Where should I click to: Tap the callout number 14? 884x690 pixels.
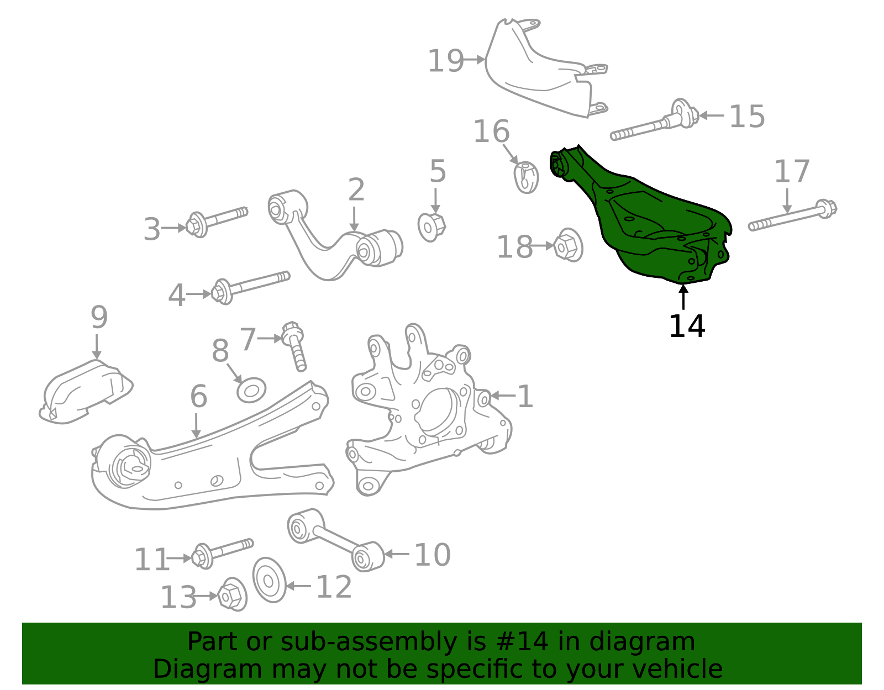686,326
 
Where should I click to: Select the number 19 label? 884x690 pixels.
445,61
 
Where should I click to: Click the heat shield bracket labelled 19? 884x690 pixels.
541,72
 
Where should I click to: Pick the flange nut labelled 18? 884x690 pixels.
568,245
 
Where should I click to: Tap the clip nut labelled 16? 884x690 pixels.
527,177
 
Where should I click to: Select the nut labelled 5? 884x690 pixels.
432,226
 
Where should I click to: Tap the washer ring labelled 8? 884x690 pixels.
251,390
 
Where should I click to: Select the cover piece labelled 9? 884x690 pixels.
86,392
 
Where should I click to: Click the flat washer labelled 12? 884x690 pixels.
269,580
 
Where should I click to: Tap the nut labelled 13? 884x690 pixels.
232,595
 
